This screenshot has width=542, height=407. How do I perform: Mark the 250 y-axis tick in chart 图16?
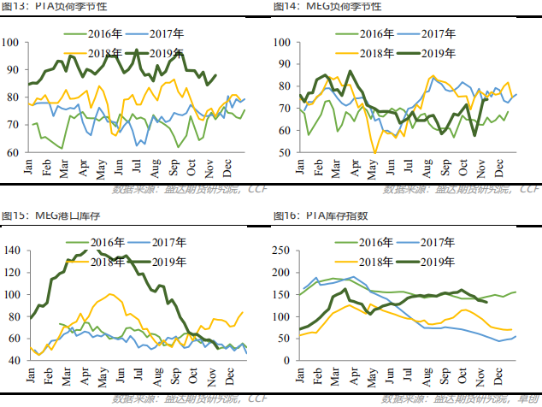coord(284,251)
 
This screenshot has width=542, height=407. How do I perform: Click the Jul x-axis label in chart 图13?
coord(138,167)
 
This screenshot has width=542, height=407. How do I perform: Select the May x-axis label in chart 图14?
coord(372,167)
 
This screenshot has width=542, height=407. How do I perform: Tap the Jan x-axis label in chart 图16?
coord(298,375)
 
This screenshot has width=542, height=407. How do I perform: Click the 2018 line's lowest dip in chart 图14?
coord(374,151)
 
